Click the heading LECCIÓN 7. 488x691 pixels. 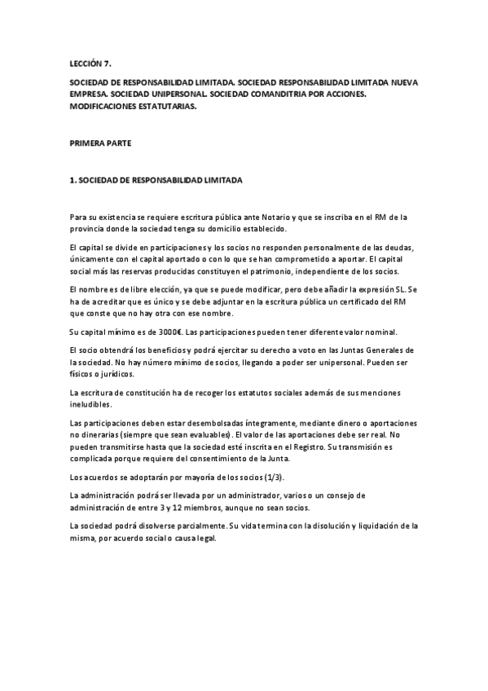(x=89, y=63)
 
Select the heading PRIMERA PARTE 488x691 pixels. (x=96, y=143)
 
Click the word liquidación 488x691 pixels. (x=376, y=526)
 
